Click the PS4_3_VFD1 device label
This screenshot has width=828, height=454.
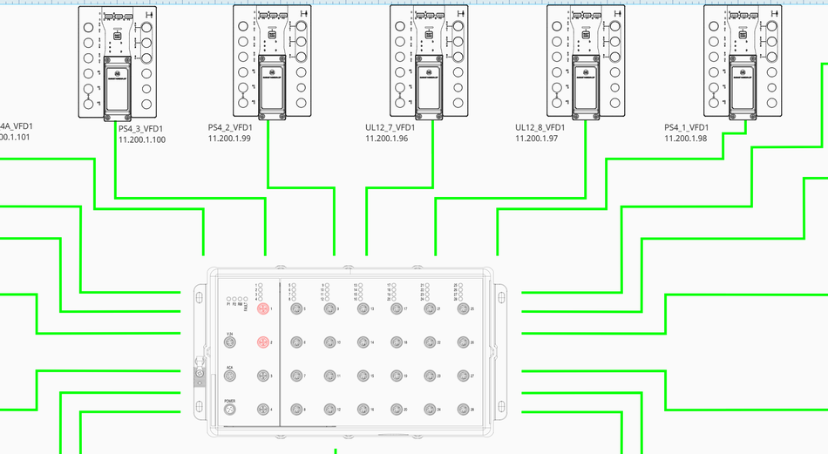coord(140,128)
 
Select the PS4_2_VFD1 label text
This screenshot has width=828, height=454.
coord(229,127)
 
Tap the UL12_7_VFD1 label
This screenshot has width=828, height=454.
coord(390,127)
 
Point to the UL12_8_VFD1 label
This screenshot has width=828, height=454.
coord(540,127)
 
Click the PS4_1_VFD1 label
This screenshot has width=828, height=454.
coord(689,127)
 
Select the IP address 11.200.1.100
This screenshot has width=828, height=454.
coord(142,139)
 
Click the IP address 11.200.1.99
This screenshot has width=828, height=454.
coord(229,139)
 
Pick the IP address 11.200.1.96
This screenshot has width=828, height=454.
coord(387,139)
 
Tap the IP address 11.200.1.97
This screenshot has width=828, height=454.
coord(537,139)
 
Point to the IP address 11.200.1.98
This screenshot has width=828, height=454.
coord(686,139)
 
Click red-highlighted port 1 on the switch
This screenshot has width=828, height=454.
coord(263,309)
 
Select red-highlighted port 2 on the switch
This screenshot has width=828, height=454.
coord(263,342)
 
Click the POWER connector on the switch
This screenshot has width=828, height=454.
coord(230,410)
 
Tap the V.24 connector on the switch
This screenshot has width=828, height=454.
coord(230,342)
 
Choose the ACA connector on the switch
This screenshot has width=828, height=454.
coord(230,376)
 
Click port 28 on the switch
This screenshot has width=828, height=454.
coord(463,410)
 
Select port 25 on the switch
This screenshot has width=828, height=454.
coord(463,309)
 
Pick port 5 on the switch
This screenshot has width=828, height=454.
coord(295,309)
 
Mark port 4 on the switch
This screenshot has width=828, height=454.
coord(263,410)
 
